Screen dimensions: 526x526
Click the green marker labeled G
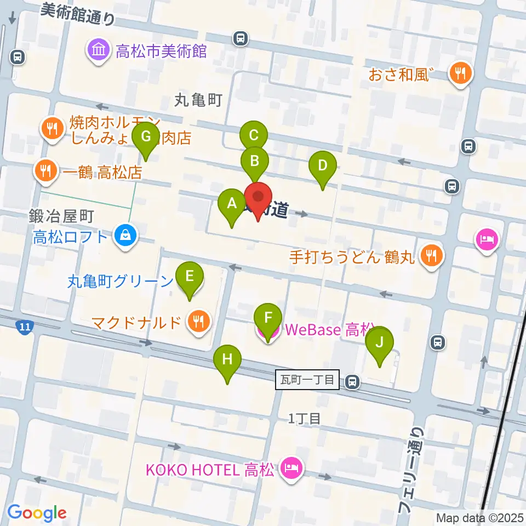click(146, 135)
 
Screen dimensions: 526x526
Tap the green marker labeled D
click(323, 165)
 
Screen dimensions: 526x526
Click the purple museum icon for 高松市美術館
click(99, 51)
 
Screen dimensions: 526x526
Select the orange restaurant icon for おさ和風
click(460, 73)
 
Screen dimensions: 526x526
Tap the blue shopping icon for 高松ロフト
click(126, 236)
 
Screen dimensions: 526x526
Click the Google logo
click(37, 513)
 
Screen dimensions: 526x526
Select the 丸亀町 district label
click(198, 100)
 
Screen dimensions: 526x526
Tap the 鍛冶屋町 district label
click(62, 216)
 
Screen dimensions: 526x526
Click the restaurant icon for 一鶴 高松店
click(46, 172)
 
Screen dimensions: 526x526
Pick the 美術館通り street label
click(78, 15)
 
